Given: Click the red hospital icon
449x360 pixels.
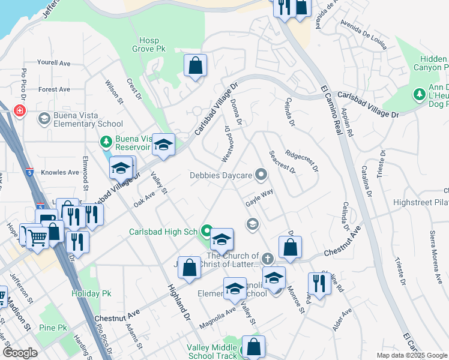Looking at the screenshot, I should pos(20,111).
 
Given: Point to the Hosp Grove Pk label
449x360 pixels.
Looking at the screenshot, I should pos(149,44).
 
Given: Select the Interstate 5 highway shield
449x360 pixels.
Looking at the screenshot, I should pos(39,205).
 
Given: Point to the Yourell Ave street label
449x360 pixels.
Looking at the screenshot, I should pos(54,63).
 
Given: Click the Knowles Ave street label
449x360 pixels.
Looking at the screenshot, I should pos(60,172).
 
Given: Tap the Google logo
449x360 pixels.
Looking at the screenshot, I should pos(20,353).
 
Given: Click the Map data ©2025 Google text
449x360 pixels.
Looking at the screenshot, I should pos(411,355).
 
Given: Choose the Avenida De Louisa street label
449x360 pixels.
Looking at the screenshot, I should pos(361,29).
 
